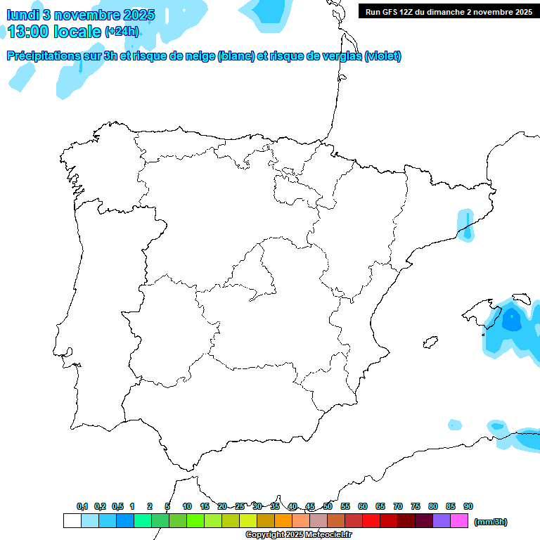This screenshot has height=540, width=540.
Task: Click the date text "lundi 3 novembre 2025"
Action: click(72, 15)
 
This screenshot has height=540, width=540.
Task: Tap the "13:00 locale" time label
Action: click(55, 32)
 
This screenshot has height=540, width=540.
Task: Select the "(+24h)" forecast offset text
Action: click(122, 32)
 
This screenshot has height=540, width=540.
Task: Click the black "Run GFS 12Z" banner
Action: click(449, 12)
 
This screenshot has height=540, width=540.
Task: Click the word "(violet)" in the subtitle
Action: click(382, 56)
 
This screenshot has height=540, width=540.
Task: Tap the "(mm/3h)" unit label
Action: click(491, 522)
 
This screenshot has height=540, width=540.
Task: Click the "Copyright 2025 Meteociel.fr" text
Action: click(298, 535)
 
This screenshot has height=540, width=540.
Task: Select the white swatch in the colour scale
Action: click(72, 521)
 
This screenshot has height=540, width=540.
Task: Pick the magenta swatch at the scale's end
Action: click(459, 521)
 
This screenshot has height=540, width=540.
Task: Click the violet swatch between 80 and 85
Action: click(442, 521)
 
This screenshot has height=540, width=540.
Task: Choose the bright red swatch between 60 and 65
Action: click(371, 521)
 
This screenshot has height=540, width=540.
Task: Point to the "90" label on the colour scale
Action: click(468, 506)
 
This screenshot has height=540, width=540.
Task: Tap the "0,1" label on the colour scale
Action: click(82, 506)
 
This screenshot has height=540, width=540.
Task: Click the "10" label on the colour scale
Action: click(187, 506)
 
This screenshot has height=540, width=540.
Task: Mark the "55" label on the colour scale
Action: click(345, 506)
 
